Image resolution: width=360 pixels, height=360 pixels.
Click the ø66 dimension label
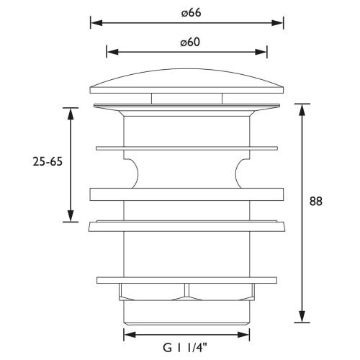191,13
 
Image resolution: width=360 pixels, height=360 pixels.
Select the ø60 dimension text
190,42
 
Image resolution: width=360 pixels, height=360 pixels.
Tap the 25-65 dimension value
48,161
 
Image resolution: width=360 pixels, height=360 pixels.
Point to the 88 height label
315,201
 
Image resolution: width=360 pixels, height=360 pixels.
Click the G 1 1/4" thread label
185,348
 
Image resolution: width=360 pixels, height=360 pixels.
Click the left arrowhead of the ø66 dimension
96,23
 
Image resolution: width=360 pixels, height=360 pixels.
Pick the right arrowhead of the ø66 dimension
278,23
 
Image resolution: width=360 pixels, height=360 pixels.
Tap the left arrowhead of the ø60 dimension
112,52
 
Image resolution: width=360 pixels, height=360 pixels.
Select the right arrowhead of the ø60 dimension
261,52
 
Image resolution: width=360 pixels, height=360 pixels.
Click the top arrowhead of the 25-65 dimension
71,114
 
